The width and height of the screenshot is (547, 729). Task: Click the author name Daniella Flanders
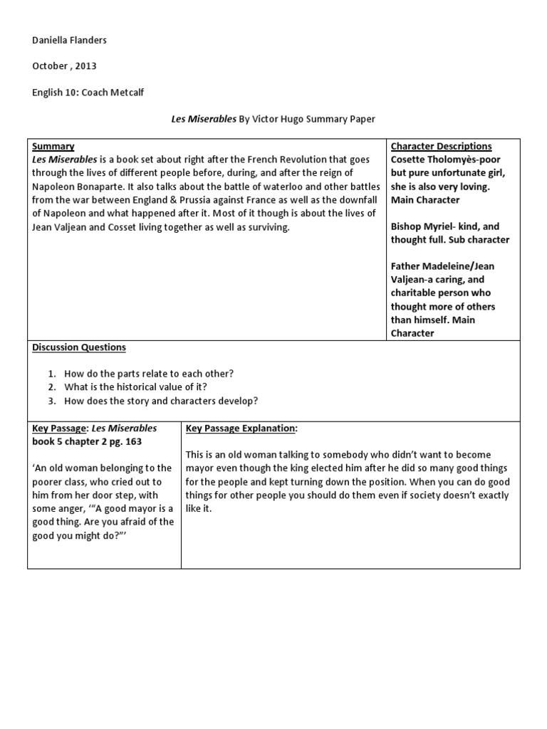(69, 40)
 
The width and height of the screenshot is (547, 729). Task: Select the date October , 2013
(63, 66)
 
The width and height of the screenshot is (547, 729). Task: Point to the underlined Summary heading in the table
(53, 146)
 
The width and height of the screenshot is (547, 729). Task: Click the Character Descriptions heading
(441, 146)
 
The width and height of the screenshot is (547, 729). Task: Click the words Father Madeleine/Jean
(442, 266)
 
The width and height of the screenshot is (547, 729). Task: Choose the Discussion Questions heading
(79, 347)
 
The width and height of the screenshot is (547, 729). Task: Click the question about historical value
(136, 387)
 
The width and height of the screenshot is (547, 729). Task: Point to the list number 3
(52, 400)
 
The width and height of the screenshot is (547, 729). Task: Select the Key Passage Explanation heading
(240, 428)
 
